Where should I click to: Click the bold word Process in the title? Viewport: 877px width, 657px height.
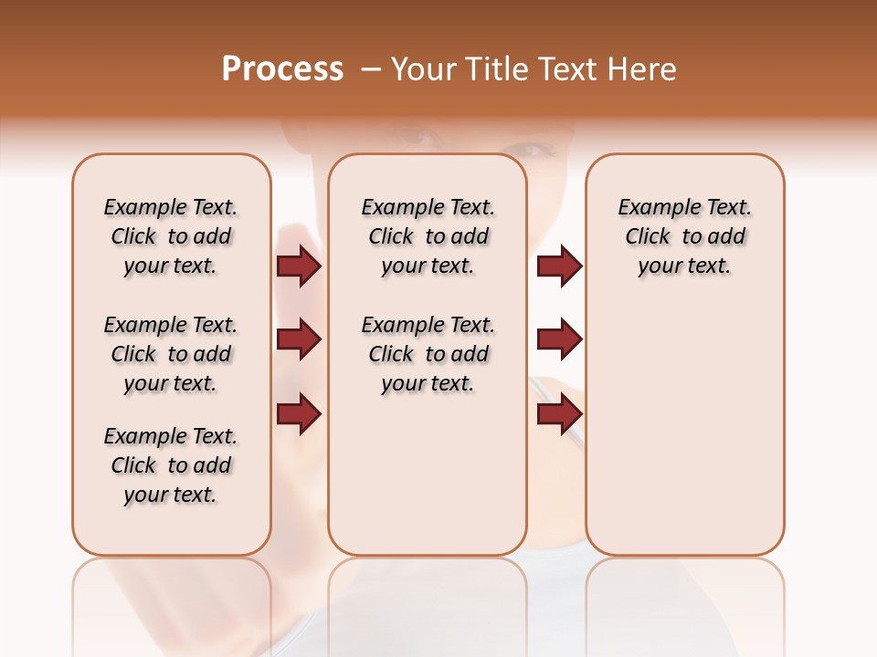[x=282, y=69]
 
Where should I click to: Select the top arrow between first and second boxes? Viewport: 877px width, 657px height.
[x=299, y=266]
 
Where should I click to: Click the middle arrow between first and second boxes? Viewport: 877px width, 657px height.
[x=299, y=339]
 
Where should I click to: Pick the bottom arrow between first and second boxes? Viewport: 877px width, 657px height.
[x=299, y=414]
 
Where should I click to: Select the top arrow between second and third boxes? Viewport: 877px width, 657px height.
[x=559, y=266]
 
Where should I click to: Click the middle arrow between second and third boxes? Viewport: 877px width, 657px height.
[x=559, y=339]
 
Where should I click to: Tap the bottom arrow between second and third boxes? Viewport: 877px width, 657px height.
[x=559, y=414]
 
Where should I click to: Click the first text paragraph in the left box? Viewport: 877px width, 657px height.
[x=171, y=237]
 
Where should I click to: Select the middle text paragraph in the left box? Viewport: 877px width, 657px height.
[x=171, y=354]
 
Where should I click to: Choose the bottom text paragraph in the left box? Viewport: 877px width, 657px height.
[x=171, y=465]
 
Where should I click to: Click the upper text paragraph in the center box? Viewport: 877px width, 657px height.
[x=428, y=237]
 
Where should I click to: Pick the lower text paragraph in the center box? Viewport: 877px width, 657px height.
[x=428, y=354]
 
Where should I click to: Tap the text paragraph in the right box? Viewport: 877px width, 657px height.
[x=684, y=237]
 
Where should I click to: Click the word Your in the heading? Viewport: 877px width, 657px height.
[x=424, y=69]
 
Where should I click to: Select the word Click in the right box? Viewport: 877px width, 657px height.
[x=648, y=237]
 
